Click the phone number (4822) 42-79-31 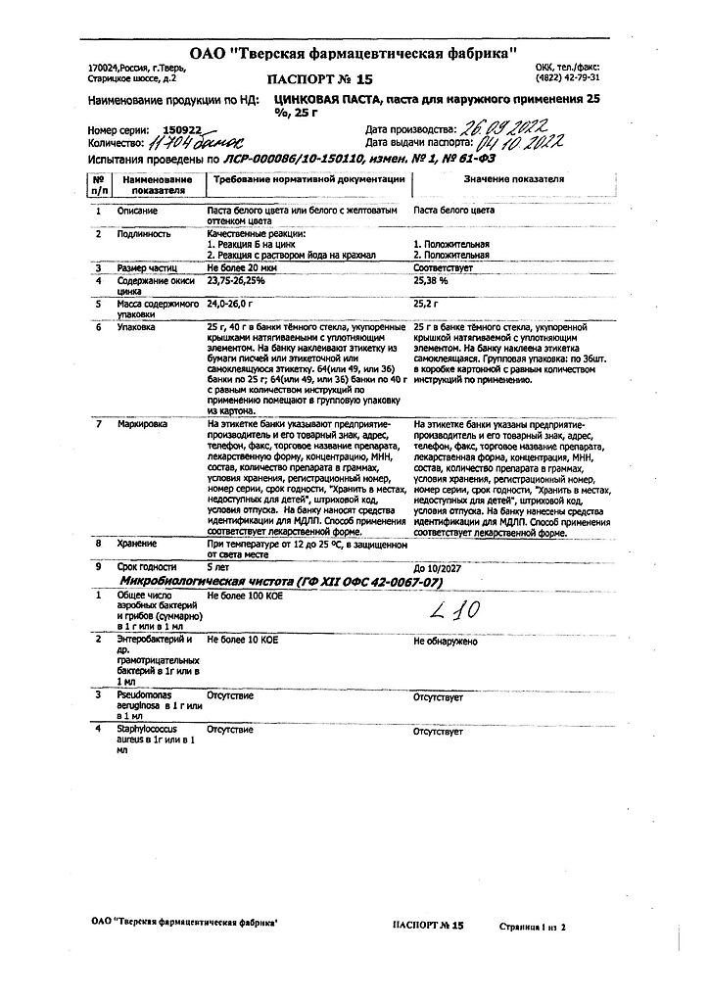point(568,76)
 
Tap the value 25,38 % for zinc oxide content point(432,280)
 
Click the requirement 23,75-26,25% point(236,280)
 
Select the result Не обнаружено point(446,641)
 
